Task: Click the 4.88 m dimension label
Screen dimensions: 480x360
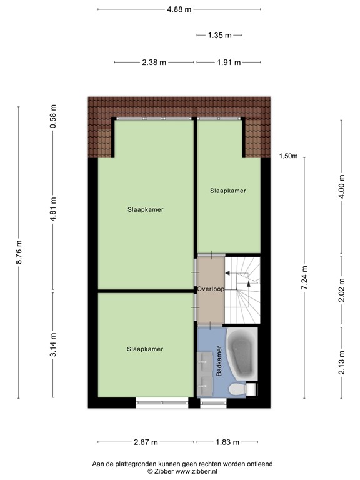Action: pos(179,9)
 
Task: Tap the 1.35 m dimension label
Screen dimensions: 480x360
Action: pos(219,36)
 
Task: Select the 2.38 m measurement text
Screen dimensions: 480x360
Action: pos(154,62)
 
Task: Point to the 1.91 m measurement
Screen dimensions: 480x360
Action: pos(228,62)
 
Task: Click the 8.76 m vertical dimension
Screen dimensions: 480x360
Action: pos(19,252)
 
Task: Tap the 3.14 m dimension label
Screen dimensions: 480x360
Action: pos(53,344)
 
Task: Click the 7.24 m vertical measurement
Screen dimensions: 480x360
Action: pos(305,278)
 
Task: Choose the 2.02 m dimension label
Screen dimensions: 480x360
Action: pos(341,290)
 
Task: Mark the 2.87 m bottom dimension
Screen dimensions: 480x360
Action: pos(145,442)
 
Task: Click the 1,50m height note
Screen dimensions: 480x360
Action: pos(288,156)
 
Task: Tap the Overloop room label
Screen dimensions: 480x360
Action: pos(210,289)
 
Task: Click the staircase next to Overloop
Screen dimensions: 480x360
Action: pos(242,289)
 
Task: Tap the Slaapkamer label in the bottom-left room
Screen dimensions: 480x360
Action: pos(145,349)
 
